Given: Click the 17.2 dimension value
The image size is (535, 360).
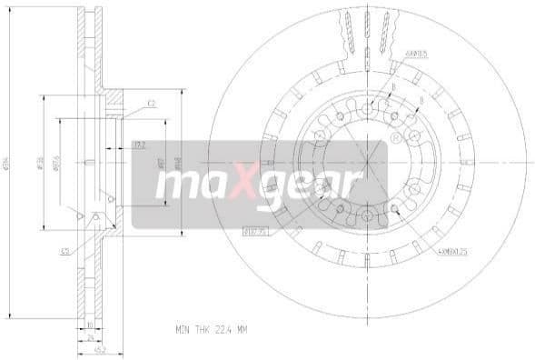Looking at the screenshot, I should click(139, 144).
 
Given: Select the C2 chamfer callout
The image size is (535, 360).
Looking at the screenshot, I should click(152, 105).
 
